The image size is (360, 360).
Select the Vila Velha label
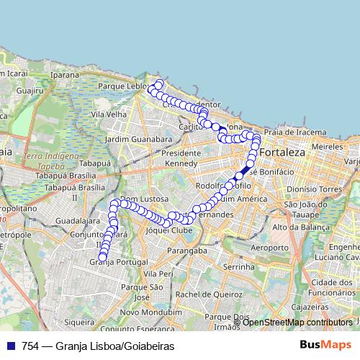[109, 114]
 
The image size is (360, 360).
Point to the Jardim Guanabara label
[138, 138]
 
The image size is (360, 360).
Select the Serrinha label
[239, 266]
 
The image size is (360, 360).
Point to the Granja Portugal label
[117, 262]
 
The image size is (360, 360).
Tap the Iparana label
[65, 74]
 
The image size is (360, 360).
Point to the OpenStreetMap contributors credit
[297, 322]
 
